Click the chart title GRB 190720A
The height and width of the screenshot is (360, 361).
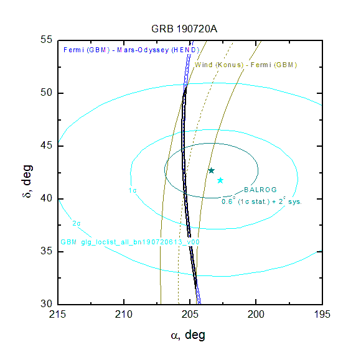click(184, 29)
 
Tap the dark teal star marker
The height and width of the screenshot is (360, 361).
click(212, 170)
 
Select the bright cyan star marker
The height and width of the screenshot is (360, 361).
click(220, 180)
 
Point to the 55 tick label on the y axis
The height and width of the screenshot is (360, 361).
click(47, 40)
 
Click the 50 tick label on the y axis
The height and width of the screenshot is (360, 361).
click(47, 93)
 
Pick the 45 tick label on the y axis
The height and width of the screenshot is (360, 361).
click(47, 145)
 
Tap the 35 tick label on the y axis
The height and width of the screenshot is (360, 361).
click(47, 251)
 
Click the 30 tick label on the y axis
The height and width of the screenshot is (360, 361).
click(47, 303)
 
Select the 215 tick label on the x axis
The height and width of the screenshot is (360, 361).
click(57, 314)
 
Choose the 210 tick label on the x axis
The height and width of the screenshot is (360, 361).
click(124, 314)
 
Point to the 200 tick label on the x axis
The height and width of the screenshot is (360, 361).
click(256, 314)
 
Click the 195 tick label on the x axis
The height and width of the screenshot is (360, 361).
click(322, 314)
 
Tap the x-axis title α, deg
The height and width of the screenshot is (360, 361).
click(188, 335)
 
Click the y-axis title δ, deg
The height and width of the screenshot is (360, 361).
click(27, 182)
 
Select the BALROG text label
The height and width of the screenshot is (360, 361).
click(260, 190)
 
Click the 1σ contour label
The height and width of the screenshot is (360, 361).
click(133, 190)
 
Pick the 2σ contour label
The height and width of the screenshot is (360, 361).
click(77, 223)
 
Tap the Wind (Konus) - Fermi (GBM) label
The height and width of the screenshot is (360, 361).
click(246, 65)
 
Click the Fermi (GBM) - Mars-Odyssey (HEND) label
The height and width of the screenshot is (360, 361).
click(131, 50)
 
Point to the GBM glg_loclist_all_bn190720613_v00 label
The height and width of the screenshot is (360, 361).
click(130, 242)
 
